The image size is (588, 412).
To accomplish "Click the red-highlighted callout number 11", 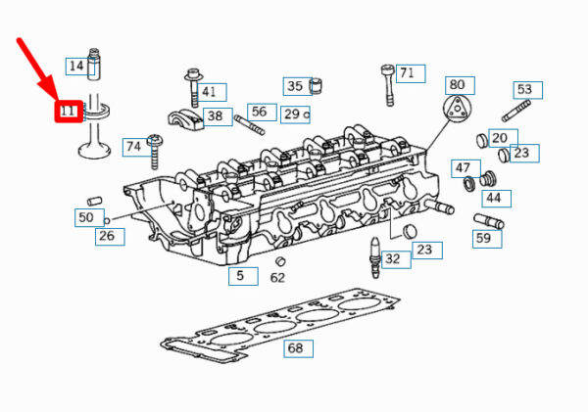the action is coord(69,112).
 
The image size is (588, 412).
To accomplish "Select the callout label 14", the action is coord(76,67).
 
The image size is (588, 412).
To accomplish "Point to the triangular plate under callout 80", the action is coord(456,109).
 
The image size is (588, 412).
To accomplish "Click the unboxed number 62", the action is coord(277,278).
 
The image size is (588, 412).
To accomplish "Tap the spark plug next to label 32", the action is coord(375,257).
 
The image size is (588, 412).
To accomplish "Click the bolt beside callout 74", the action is coord(155,152).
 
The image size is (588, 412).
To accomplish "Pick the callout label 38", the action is coord(218,116).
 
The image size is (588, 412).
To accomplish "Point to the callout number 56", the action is coord(259,112).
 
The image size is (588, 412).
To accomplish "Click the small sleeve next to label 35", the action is coord(316,86).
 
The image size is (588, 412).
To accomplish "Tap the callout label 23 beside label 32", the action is coord(427,251).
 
